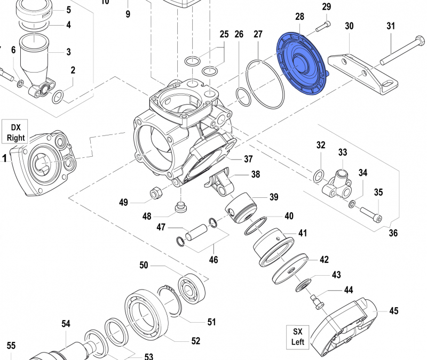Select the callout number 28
click(299, 17)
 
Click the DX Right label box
click(16, 132)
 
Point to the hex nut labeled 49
click(155, 193)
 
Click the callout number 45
click(394, 310)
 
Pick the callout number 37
click(248, 159)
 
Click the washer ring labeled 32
click(318, 174)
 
